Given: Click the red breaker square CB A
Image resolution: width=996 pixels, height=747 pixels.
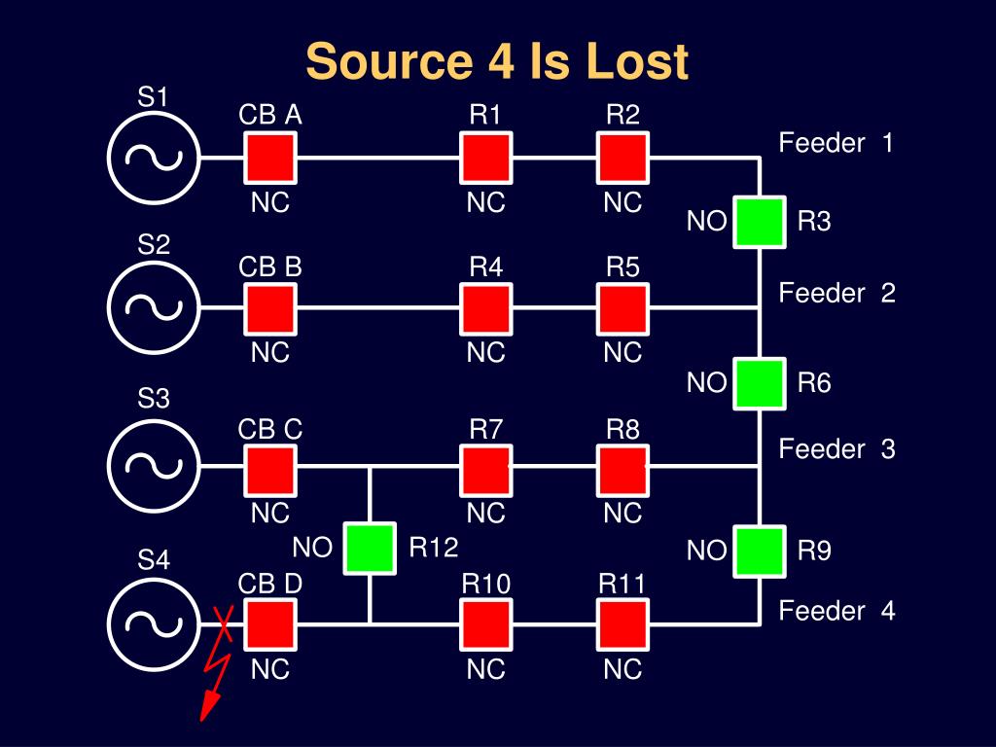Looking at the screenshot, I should [269, 158].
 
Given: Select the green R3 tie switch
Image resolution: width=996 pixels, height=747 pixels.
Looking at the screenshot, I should [759, 222].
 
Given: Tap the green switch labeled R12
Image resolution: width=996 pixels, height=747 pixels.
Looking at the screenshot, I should [370, 548].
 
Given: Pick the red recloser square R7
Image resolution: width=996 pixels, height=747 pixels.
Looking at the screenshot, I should [485, 470].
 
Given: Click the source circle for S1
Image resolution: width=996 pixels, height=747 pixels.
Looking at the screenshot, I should [153, 158].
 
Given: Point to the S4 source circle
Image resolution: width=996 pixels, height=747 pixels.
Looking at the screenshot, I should [153, 623].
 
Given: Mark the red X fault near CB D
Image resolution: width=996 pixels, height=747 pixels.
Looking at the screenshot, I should [225, 622].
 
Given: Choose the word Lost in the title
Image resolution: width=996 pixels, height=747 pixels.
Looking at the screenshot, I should [637, 61].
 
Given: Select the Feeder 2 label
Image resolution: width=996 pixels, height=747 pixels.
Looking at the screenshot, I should [836, 293].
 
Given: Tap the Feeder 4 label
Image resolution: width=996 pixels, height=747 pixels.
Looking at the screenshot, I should [836, 611].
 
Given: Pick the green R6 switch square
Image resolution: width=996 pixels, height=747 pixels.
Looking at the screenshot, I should [759, 383].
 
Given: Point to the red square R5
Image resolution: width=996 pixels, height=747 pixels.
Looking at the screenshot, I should [622, 308].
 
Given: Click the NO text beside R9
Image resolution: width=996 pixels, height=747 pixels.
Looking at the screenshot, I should [706, 551].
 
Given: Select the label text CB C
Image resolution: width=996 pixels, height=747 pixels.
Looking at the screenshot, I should [270, 429].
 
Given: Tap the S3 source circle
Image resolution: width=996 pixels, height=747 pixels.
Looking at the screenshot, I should [153, 465].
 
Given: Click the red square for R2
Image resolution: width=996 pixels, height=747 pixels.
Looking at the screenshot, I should [622, 158].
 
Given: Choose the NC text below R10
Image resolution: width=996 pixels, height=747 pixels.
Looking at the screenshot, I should [485, 670].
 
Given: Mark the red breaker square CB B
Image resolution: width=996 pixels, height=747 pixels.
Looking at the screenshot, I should [269, 308].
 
